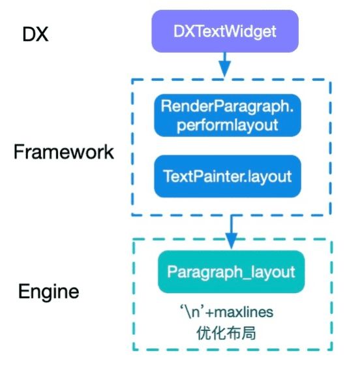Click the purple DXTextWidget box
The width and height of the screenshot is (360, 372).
coord(225,31)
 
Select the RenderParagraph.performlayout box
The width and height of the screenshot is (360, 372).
coord(228,116)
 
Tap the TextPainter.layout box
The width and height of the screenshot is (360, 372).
coord(228,176)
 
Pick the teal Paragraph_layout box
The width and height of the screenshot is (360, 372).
coord(232,271)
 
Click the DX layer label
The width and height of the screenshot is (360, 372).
coord(35,34)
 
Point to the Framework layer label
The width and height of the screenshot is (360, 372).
coord(64,152)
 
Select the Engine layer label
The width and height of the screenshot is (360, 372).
coord(49,292)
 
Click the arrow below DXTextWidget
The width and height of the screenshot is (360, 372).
coord(225,65)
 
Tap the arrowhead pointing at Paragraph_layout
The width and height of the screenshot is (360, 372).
coord(232,241)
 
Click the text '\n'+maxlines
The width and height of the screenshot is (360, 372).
coord(227,312)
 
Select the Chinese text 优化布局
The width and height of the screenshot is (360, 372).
coord(226,333)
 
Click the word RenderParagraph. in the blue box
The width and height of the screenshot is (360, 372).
coord(227,106)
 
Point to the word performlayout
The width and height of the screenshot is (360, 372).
coord(227,125)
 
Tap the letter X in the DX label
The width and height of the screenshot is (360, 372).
coord(42,34)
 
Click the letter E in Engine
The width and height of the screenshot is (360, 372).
coord(23,291)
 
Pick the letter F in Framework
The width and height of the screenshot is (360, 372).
coord(18,151)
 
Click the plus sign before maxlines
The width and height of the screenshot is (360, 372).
coord(210,313)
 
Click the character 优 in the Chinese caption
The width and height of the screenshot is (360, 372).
coord(203,333)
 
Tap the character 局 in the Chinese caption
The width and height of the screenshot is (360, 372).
coord(248,333)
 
